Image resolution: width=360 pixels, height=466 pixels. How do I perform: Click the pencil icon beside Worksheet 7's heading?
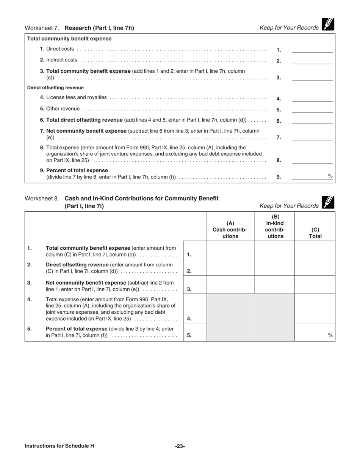[328, 24]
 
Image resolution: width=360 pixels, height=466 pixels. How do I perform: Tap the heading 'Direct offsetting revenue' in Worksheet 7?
[55, 88]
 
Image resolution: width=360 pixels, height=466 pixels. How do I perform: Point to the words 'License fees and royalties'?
[77, 97]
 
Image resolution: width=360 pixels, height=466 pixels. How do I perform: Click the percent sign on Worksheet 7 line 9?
[330, 176]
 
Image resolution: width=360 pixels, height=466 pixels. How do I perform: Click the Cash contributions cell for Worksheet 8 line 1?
[230, 250]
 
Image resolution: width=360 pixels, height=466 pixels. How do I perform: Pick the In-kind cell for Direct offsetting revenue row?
[274, 267]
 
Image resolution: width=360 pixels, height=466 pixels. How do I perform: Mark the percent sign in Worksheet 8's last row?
[330, 335]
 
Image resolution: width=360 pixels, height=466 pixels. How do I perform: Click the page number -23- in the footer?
[180, 446]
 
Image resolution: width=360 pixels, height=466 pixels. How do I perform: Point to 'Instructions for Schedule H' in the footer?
[59, 446]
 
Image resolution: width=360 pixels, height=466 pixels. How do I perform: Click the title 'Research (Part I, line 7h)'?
[99, 28]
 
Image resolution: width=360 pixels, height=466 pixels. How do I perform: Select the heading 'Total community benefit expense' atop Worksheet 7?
[69, 39]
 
